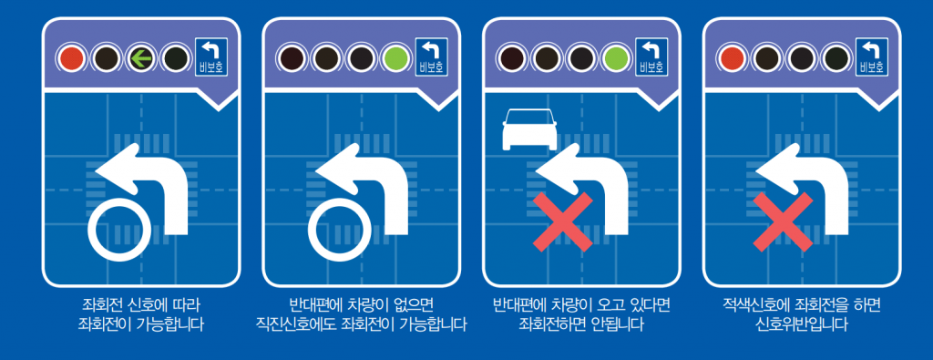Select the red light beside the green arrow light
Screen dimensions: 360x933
click(x=72, y=59)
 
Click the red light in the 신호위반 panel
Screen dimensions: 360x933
click(x=732, y=59)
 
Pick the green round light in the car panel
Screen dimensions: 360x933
click(x=617, y=59)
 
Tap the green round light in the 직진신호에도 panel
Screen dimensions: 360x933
click(x=395, y=59)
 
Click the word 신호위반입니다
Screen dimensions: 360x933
click(x=803, y=324)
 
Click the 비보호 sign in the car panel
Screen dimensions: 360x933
click(x=650, y=57)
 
